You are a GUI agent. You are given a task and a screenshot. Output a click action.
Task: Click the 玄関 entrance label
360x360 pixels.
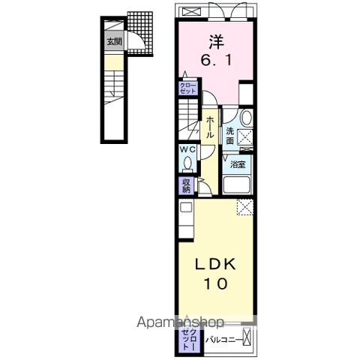point(115,41)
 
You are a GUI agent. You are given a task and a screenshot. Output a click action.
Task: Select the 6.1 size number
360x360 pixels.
point(216,60)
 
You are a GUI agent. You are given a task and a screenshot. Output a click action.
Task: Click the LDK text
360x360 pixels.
point(215,264)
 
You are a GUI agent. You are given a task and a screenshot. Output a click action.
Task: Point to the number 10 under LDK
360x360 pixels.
point(215,283)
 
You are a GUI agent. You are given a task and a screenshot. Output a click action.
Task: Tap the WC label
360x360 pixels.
point(188,149)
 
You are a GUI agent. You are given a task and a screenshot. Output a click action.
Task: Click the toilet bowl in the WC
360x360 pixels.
point(187,163)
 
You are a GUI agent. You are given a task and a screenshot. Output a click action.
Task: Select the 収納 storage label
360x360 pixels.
point(186,186)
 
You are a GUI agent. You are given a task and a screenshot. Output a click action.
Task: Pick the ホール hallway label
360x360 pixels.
point(210,127)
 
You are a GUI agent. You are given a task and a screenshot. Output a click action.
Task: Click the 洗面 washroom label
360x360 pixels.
point(230,136)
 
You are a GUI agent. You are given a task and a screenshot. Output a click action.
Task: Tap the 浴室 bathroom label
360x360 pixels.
point(238,164)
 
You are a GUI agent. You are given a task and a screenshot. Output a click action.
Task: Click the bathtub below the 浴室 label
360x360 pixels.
point(236,185)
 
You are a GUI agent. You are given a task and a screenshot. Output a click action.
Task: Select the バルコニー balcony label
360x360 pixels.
point(224,340)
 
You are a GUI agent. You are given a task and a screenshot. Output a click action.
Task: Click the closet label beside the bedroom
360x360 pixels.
point(187,88)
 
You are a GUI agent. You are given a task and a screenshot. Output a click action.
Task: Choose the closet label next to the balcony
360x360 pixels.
point(190,339)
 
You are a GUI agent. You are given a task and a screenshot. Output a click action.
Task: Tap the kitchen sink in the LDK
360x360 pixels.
point(186,207)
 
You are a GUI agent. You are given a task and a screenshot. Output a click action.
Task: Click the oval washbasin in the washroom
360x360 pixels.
point(247,118)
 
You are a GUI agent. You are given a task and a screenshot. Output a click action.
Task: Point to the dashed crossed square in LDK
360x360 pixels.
point(245,207)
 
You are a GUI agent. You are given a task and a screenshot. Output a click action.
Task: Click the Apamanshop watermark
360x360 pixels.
point(180,322)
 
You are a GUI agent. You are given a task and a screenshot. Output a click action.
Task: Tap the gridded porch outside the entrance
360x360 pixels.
point(140,34)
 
